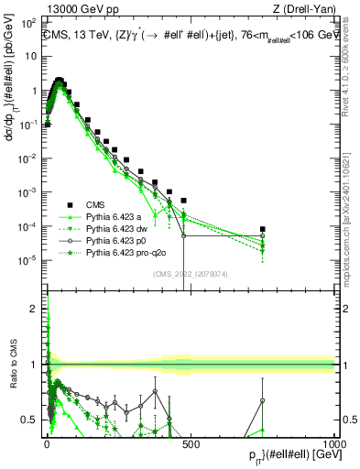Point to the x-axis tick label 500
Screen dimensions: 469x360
191,442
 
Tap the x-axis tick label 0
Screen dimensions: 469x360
48,442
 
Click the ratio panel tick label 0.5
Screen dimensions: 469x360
29,420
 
